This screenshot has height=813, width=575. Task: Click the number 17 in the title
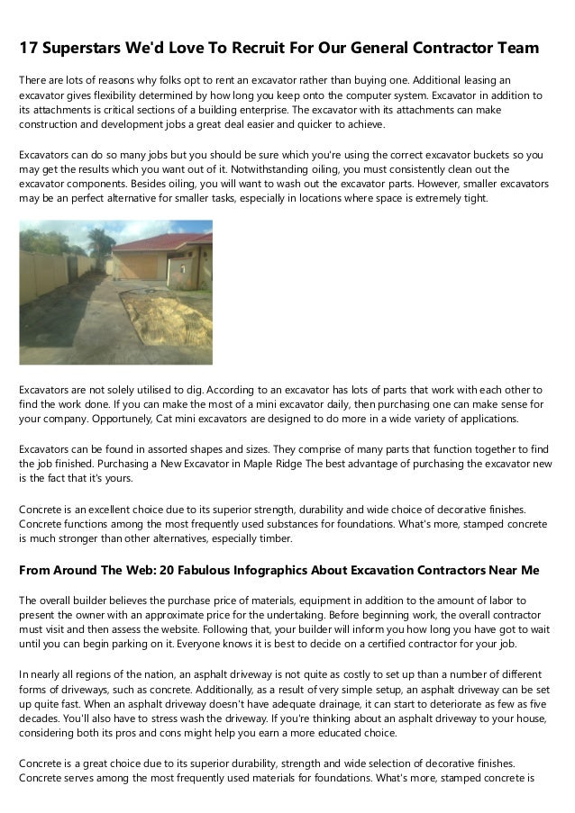point(31,47)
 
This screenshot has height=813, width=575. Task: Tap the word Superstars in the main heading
point(88,47)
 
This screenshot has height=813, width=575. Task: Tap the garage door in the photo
point(138,265)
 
